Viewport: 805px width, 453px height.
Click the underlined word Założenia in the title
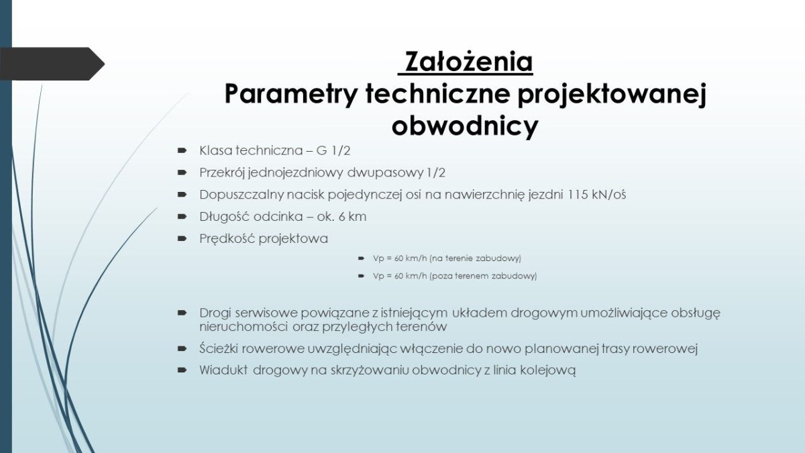click(466, 62)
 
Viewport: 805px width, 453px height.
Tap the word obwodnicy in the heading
click(465, 126)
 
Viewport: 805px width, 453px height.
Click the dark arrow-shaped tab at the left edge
click(50, 64)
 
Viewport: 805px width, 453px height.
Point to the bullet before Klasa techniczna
click(182, 150)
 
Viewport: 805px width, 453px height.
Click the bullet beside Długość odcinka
click(182, 217)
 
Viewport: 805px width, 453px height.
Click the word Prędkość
click(227, 239)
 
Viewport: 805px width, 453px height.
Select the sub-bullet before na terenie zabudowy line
click(362, 258)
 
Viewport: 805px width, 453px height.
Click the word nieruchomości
click(243, 328)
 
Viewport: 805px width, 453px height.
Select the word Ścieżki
click(220, 349)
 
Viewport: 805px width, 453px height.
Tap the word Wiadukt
click(224, 370)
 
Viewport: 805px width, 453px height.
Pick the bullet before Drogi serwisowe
click(182, 313)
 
